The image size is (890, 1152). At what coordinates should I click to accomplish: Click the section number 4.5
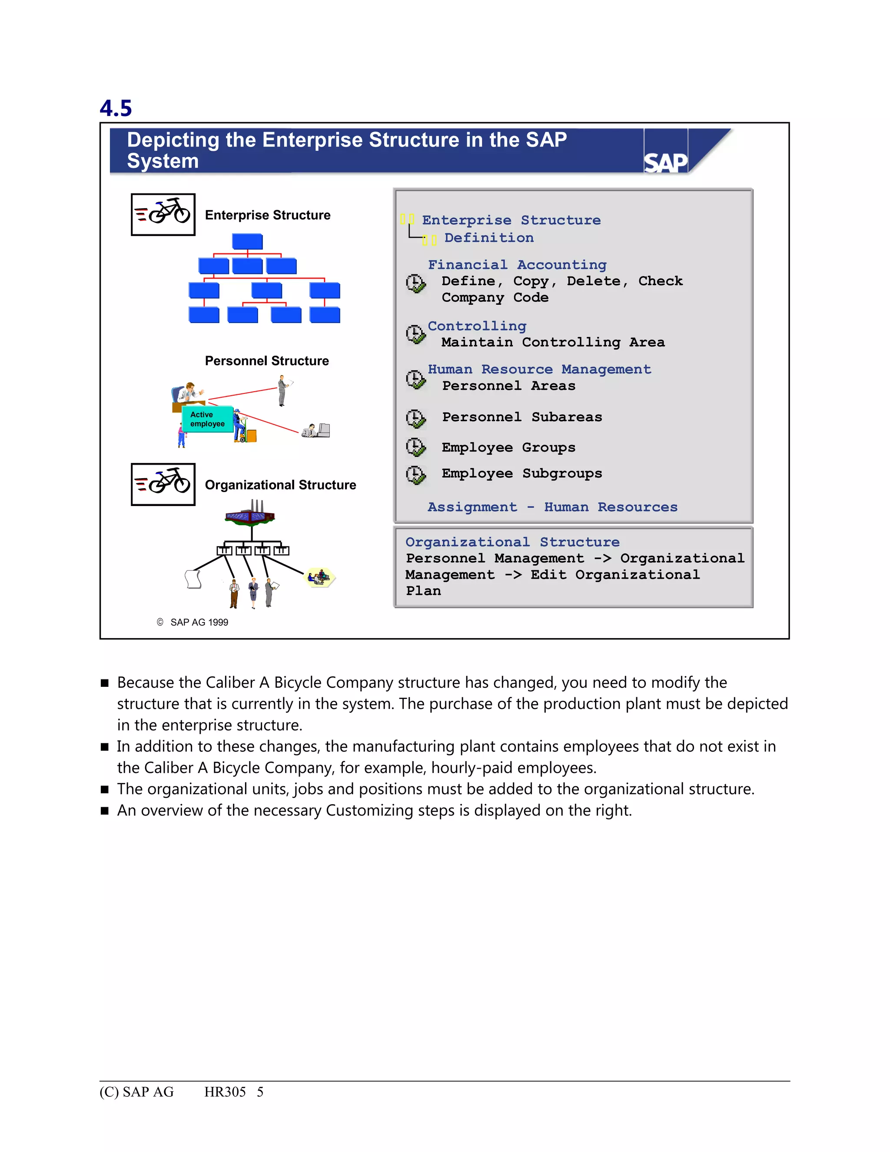(116, 109)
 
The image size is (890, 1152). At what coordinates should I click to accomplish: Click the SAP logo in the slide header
(665, 163)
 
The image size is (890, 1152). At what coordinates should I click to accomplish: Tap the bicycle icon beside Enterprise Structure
(163, 214)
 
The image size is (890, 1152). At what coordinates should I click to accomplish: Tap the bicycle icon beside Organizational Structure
(163, 484)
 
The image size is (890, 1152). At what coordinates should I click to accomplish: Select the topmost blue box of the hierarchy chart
(247, 242)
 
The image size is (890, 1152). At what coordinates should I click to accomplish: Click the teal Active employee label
(207, 420)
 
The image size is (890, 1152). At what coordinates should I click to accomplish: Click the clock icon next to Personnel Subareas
(415, 418)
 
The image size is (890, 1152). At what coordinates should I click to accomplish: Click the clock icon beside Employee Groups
(415, 447)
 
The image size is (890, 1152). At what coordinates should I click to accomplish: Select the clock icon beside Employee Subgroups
(415, 475)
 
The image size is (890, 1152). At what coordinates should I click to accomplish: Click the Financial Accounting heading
(517, 265)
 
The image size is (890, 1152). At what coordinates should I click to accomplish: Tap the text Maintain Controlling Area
(553, 342)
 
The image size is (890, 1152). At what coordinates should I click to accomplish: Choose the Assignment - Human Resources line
(552, 507)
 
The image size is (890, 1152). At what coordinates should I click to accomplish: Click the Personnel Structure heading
(267, 361)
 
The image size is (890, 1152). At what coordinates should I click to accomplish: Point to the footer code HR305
(225, 1092)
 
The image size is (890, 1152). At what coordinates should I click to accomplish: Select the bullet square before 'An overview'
(104, 811)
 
